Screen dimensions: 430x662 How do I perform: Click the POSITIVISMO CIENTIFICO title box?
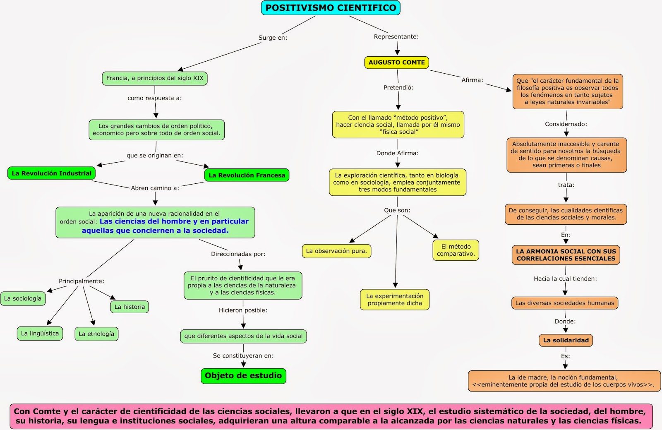331,8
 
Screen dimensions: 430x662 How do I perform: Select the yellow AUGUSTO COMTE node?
396,62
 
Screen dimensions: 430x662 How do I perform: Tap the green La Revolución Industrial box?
51,173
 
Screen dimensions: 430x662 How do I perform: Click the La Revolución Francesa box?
247,175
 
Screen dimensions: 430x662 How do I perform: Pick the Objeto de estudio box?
243,376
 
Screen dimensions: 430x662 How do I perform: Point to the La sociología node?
23,298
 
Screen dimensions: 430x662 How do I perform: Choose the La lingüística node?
40,334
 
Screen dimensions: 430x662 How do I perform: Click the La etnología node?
96,334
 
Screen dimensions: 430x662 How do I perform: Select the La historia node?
130,307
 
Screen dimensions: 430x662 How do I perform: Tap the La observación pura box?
336,251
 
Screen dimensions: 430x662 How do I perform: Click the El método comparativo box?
456,250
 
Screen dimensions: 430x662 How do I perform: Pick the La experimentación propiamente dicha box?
395,300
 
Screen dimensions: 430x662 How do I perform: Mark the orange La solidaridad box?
566,340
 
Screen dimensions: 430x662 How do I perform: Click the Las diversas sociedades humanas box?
565,303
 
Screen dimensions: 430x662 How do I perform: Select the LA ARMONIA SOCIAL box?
566,255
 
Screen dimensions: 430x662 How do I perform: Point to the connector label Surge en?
273,38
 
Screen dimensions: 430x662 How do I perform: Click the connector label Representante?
396,36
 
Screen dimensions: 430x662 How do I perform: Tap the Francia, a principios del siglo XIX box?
155,78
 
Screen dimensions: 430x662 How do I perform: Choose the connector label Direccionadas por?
238,254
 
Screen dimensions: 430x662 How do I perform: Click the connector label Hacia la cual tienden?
565,279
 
